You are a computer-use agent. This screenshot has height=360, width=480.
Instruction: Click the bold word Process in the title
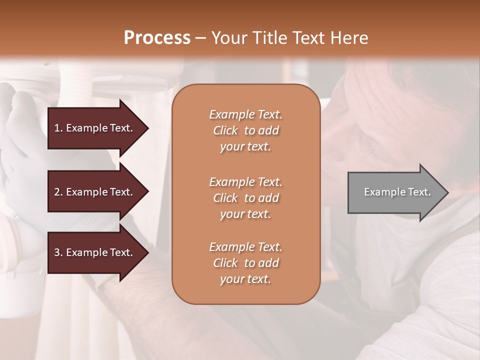157,37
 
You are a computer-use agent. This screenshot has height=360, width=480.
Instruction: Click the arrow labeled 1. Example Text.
95,128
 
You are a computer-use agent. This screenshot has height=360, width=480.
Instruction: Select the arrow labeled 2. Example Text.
95,192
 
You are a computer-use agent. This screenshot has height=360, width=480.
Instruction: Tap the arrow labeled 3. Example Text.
95,252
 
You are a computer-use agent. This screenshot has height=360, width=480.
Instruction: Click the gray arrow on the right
395,192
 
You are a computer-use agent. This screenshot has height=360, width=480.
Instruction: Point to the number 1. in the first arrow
58,128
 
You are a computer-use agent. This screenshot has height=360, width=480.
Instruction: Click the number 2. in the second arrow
58,192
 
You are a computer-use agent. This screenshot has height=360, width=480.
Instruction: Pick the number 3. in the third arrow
58,252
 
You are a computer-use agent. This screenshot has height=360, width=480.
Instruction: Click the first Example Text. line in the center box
245,114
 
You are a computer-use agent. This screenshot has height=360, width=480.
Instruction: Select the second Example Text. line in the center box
245,181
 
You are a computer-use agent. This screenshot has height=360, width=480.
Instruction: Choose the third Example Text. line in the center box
245,247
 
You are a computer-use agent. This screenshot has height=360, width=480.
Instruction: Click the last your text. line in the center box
245,279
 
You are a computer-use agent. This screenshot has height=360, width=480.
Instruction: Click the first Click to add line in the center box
245,130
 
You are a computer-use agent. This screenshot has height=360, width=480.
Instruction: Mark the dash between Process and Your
200,38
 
